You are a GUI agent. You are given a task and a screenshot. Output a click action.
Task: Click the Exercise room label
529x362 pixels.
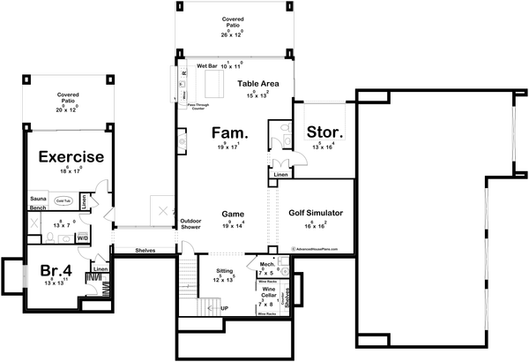click(70, 157)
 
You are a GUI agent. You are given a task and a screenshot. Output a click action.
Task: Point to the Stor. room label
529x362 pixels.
click(324, 133)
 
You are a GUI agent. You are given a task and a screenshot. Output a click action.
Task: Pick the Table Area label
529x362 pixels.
click(258, 83)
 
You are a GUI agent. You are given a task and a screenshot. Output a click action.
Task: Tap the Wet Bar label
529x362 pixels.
click(208, 65)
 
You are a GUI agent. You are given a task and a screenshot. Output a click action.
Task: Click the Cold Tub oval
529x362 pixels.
click(65, 201)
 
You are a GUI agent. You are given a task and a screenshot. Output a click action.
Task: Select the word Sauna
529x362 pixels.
click(39, 200)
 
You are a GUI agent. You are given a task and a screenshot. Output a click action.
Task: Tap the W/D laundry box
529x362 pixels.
click(83, 238)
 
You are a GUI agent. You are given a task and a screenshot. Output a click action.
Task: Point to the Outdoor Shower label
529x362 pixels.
click(191, 224)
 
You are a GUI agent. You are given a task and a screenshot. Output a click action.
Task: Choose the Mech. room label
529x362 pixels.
click(266, 264)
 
